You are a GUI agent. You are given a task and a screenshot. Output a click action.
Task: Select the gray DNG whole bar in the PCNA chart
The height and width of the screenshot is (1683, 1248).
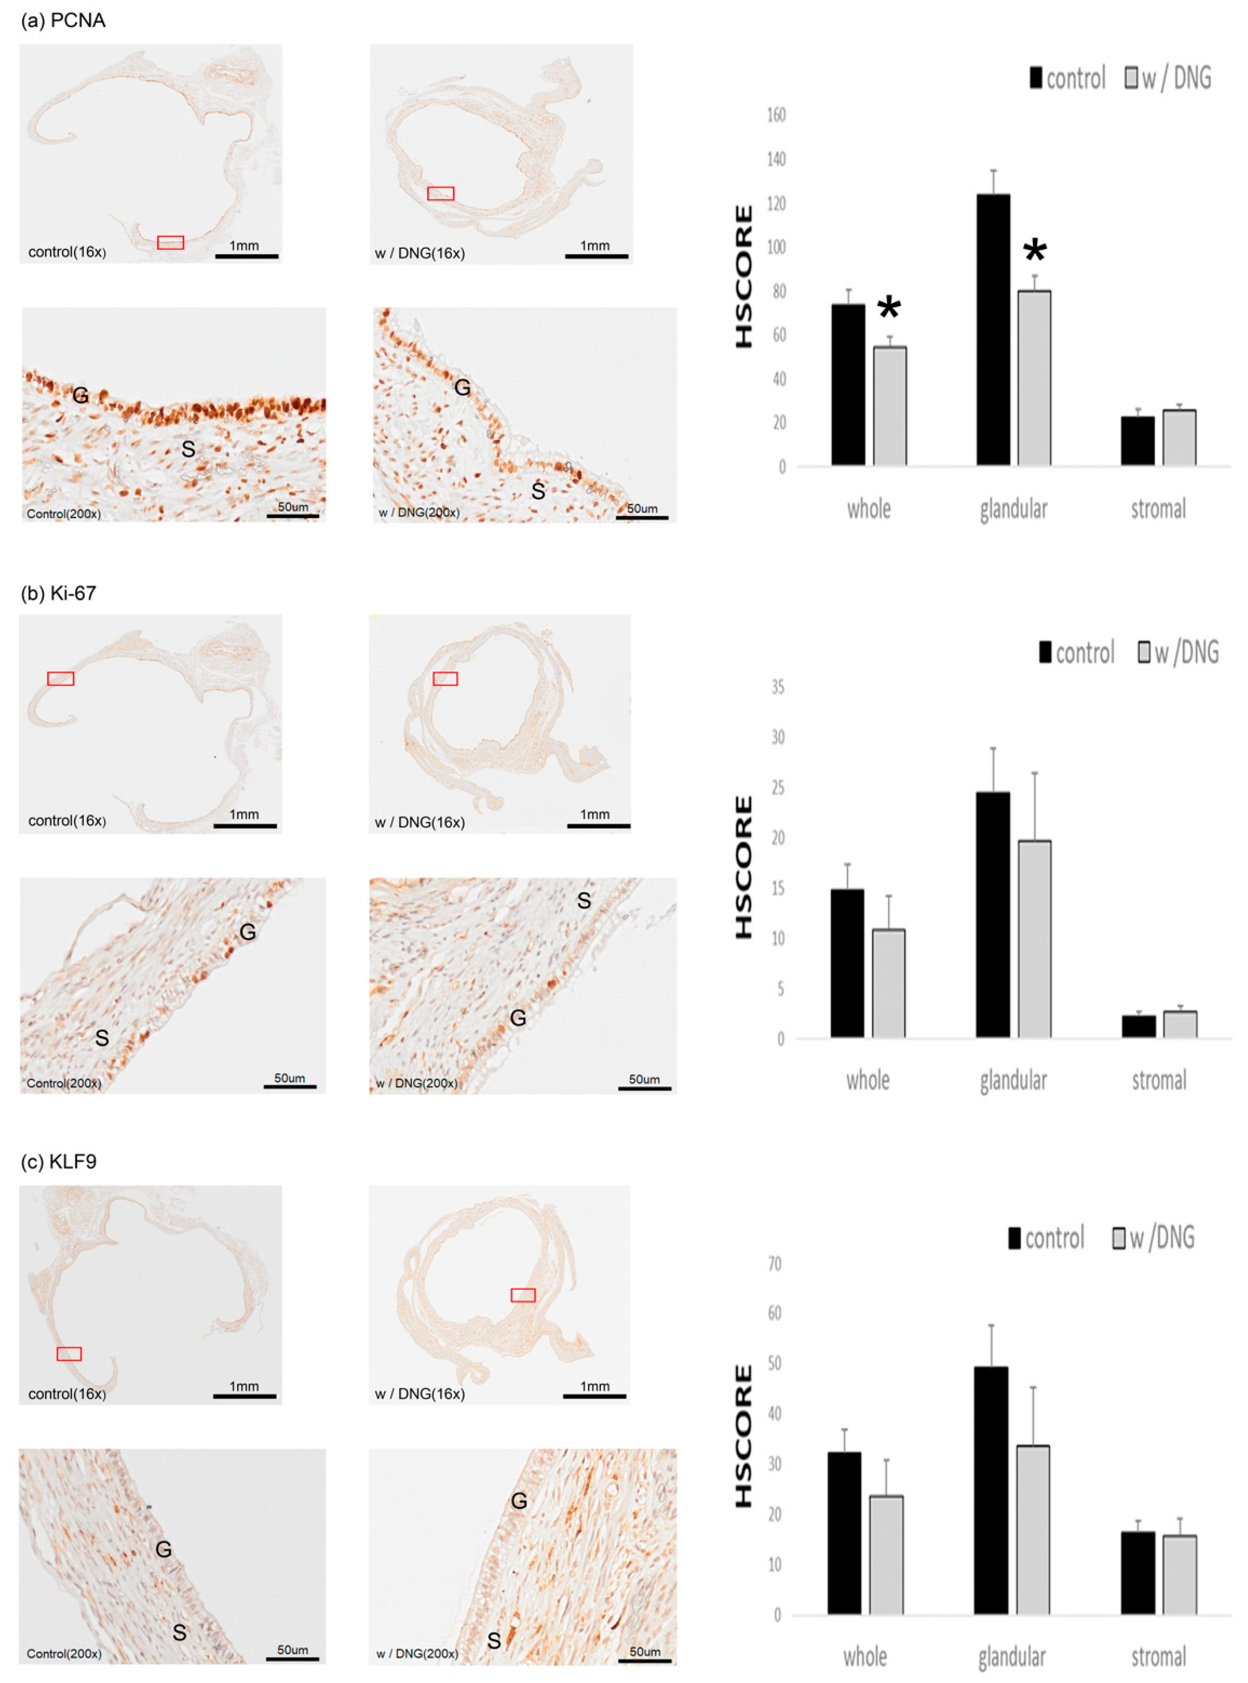click(x=890, y=406)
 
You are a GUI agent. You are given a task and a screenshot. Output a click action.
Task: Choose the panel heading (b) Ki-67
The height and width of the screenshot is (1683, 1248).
click(x=59, y=593)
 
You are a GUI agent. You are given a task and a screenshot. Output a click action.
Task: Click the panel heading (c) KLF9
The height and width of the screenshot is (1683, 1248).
click(x=59, y=1162)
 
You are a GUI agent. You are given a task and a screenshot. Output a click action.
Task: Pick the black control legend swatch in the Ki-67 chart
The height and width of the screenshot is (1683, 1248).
click(x=1046, y=652)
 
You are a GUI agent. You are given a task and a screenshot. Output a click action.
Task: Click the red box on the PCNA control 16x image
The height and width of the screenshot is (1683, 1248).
click(x=171, y=242)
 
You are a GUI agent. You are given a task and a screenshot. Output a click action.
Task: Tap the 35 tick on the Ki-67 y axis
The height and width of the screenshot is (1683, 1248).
click(x=777, y=687)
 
